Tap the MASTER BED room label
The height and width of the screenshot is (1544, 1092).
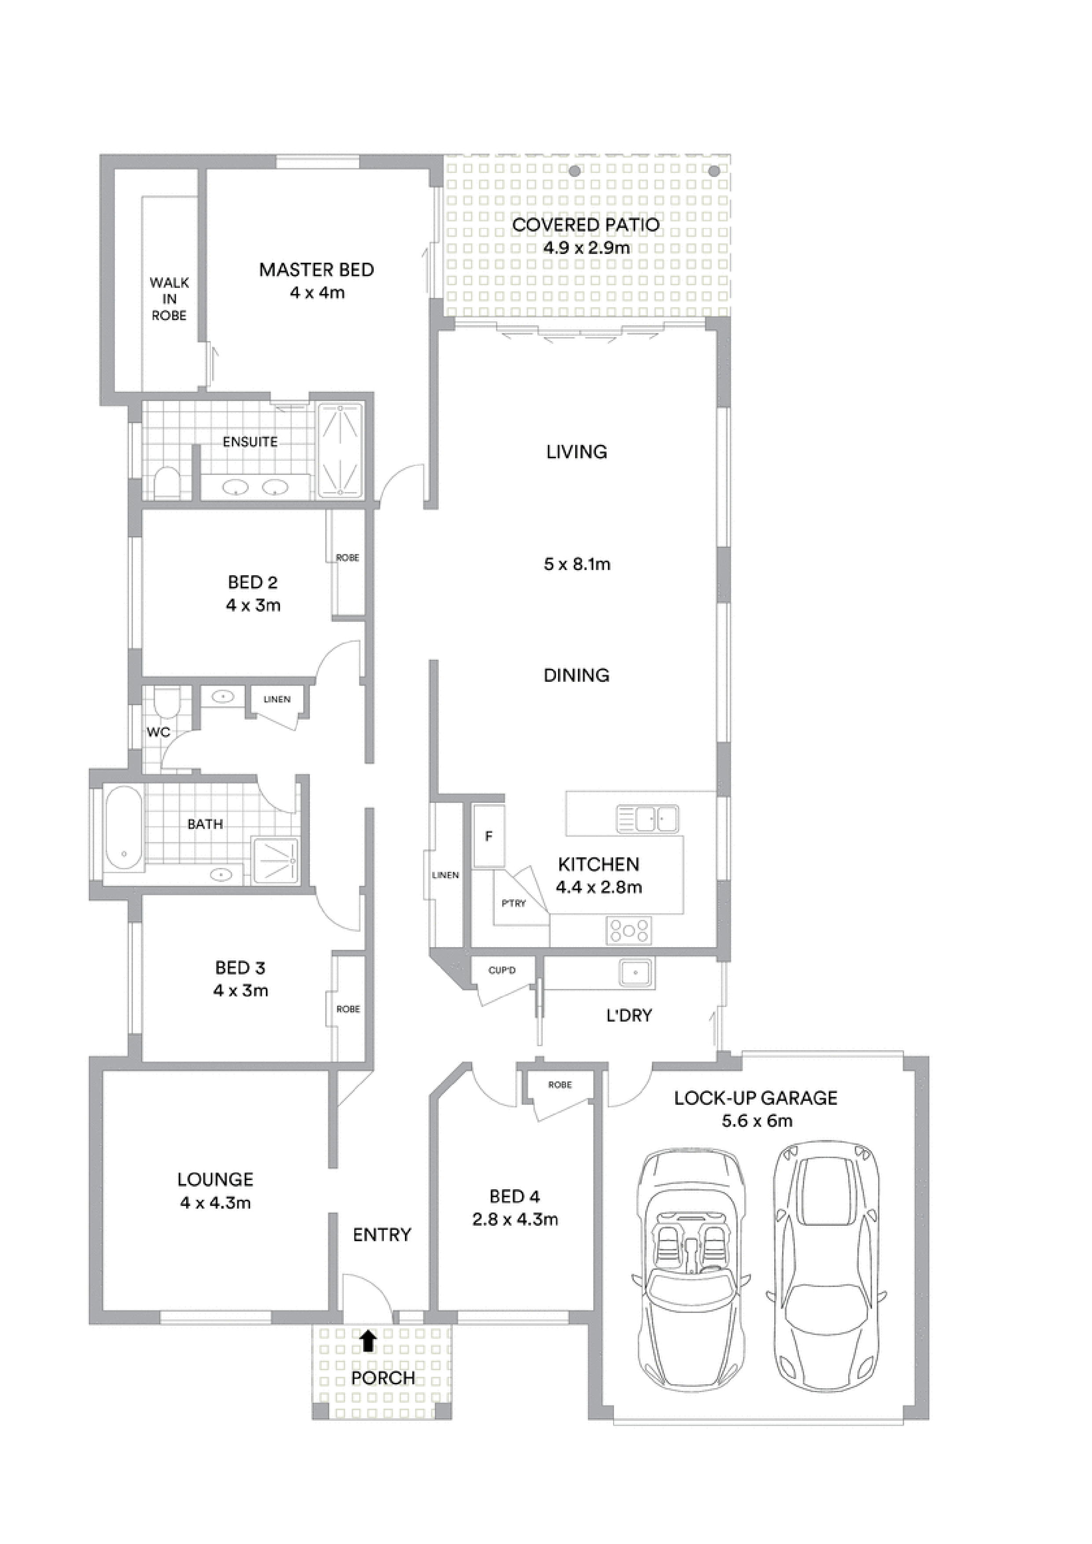pyautogui.click(x=317, y=270)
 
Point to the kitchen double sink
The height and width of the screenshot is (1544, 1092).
pyautogui.click(x=647, y=819)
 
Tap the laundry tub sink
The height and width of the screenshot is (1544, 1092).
pyautogui.click(x=636, y=972)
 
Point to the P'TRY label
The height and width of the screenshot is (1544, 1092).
pyautogui.click(x=513, y=903)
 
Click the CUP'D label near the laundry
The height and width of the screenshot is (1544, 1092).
pyautogui.click(x=502, y=971)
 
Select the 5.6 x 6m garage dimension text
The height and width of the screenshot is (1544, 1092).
pyautogui.click(x=757, y=1121)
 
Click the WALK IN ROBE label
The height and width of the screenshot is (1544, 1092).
pyautogui.click(x=169, y=298)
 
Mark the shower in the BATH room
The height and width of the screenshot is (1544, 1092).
pyautogui.click(x=276, y=860)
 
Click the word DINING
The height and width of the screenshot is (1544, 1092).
pyautogui.click(x=576, y=675)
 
